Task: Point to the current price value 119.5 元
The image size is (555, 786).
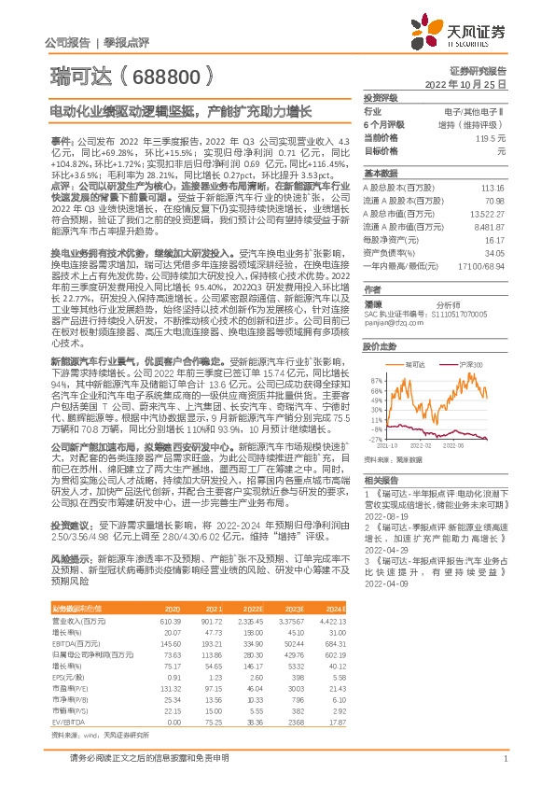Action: coord(491,137)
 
